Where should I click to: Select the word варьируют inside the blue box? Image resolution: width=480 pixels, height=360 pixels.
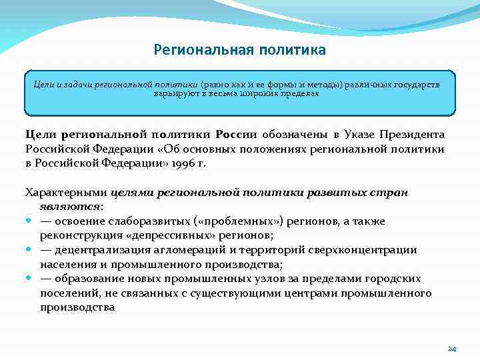point(175,94)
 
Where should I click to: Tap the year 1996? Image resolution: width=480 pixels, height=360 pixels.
point(194,162)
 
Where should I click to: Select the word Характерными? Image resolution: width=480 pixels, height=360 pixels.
point(67,192)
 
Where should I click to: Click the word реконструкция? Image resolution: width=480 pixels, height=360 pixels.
point(79,235)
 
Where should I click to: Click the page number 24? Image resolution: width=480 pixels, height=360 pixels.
point(451,349)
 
